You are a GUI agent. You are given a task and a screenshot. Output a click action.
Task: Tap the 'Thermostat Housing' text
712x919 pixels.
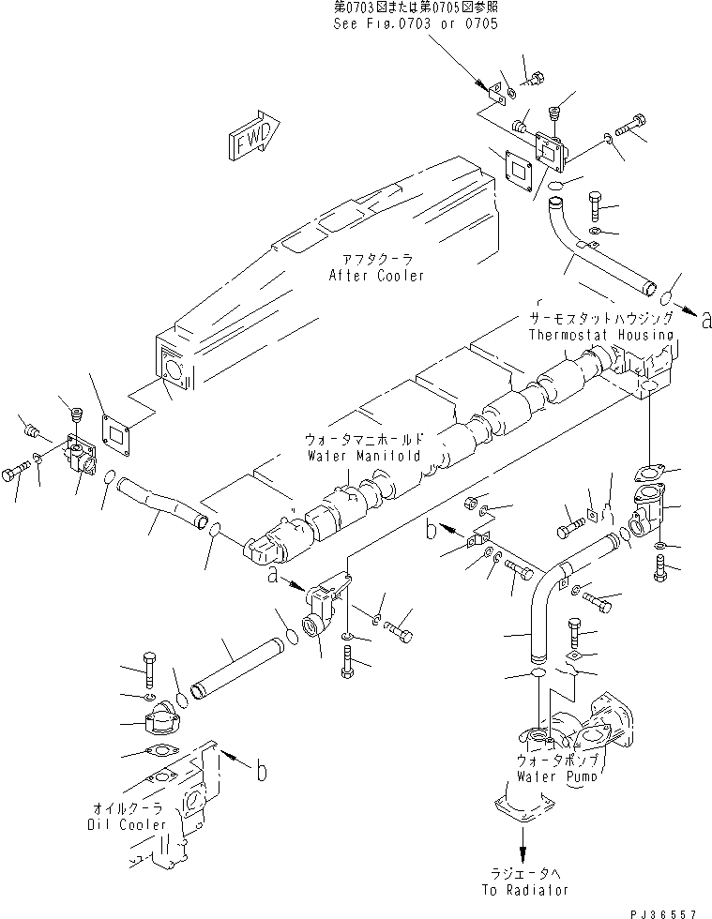pyautogui.click(x=600, y=335)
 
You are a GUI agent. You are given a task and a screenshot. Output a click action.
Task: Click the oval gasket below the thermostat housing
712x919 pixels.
pyautogui.click(x=647, y=474)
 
